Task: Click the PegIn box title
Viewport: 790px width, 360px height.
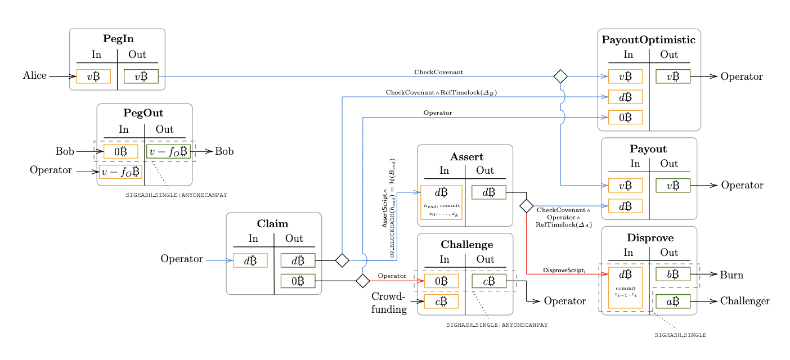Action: (118, 39)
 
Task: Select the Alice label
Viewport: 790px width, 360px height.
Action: (35, 76)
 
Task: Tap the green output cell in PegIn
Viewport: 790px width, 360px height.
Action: (141, 76)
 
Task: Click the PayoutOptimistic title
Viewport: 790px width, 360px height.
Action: (648, 40)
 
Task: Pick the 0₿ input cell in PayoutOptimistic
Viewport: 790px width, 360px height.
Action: (625, 118)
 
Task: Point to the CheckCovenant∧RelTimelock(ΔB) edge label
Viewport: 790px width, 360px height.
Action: (441, 92)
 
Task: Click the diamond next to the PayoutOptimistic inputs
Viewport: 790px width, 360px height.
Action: (560, 76)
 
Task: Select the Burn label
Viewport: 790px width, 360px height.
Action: (731, 275)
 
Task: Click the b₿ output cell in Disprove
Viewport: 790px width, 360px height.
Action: (673, 274)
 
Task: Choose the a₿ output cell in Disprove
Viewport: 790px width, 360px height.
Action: (673, 301)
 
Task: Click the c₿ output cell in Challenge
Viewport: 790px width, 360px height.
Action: (489, 281)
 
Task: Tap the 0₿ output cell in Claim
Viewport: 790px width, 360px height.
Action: (298, 281)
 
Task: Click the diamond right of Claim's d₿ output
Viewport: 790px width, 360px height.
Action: (342, 260)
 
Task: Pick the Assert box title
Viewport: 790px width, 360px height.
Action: (466, 156)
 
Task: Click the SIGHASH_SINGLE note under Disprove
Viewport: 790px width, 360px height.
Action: (680, 335)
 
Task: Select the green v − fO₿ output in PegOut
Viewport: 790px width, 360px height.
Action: (168, 151)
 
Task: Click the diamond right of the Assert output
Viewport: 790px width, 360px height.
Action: (526, 206)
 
